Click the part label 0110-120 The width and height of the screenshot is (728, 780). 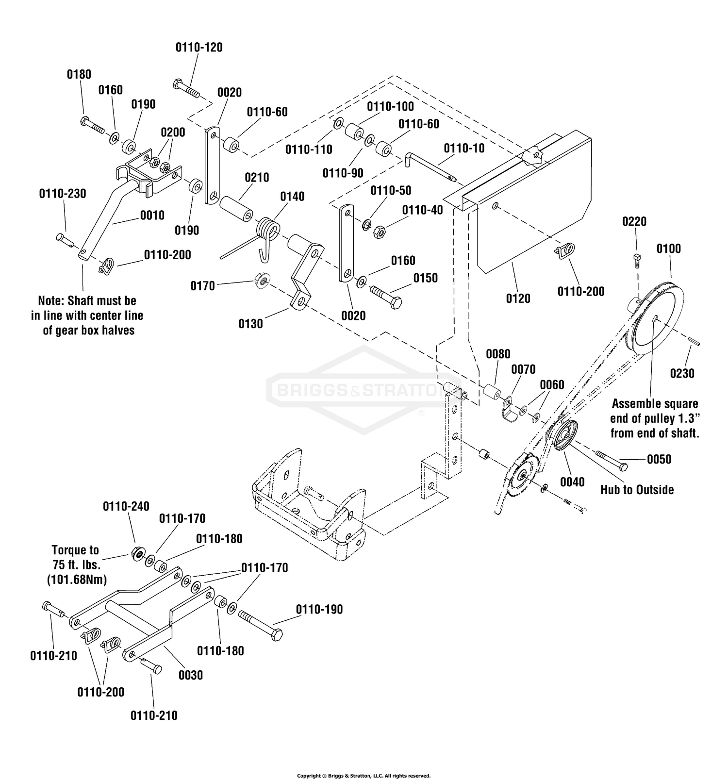coord(199,48)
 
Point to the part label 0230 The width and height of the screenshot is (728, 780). coord(682,373)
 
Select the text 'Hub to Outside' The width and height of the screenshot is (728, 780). coord(637,490)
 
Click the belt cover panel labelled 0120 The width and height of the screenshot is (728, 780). coord(534,204)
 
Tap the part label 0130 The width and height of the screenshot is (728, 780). coord(250,324)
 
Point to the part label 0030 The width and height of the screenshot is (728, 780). coord(190,675)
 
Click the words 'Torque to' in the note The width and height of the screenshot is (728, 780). coord(75,550)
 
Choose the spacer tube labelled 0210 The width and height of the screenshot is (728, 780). coord(236,209)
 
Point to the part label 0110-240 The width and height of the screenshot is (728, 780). coord(126,506)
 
